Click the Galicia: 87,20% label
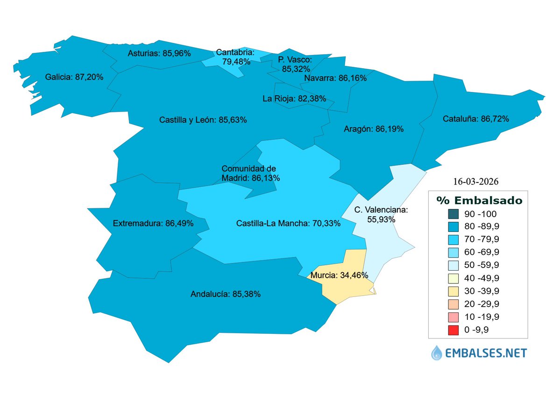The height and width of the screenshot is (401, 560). (x=74, y=77)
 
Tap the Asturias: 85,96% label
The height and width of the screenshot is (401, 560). (x=159, y=54)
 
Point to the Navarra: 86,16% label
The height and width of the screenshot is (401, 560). (x=335, y=78)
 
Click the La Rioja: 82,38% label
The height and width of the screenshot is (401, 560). (x=294, y=98)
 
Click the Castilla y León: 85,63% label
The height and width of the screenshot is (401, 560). (x=203, y=120)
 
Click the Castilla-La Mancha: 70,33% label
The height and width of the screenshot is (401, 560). (x=288, y=224)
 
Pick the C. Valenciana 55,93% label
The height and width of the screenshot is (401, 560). (x=381, y=214)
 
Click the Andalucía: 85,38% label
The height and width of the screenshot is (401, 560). (x=226, y=295)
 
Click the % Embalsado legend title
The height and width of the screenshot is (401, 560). (x=479, y=200)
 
